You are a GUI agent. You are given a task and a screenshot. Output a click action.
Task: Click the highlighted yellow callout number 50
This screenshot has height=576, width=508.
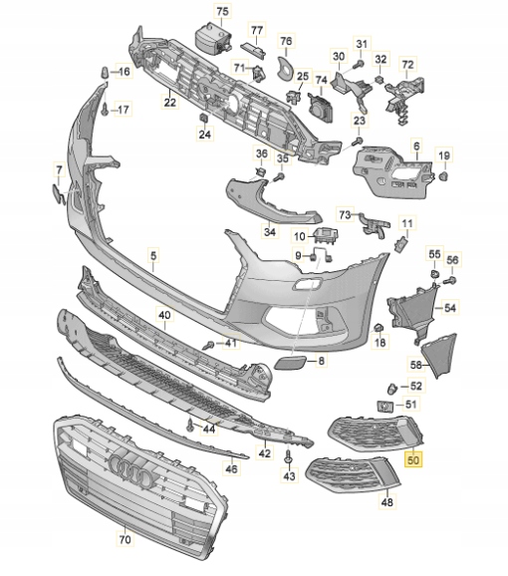(413, 459)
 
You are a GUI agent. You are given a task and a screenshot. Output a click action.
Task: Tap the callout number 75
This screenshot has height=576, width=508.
(222, 11)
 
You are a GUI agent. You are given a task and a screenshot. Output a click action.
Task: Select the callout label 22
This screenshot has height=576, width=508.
(170, 102)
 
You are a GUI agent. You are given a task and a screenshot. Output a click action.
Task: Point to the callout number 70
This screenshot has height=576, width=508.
(126, 539)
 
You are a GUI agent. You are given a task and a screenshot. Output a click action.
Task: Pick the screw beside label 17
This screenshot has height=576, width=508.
(105, 110)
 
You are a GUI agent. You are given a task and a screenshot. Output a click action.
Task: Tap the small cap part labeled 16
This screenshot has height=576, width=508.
(105, 73)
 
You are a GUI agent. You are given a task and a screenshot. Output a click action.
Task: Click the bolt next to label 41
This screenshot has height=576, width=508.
(209, 345)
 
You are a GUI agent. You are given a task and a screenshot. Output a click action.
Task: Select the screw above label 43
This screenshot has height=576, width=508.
(289, 456)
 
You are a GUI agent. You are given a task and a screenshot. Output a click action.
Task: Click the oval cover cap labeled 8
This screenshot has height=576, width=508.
(290, 362)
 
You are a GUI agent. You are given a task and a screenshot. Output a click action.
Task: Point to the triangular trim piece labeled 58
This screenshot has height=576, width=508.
(440, 355)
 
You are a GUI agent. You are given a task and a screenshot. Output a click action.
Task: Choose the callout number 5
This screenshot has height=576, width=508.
(153, 255)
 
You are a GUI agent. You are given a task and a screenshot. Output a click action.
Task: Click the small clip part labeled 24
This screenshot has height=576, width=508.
(203, 118)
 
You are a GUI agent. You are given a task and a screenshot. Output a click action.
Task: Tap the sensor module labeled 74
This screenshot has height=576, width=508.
(320, 107)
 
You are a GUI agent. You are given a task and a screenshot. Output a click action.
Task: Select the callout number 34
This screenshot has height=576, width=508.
(270, 232)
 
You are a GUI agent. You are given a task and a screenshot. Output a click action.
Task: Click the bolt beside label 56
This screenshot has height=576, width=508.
(450, 280)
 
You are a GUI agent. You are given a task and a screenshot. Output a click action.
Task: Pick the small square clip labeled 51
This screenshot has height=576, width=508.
(385, 406)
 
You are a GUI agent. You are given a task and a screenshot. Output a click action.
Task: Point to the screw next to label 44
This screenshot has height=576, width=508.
(191, 425)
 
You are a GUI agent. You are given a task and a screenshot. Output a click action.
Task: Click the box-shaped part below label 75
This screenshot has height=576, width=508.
(212, 37)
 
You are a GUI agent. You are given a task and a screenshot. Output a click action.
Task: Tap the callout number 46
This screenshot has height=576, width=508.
(232, 468)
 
